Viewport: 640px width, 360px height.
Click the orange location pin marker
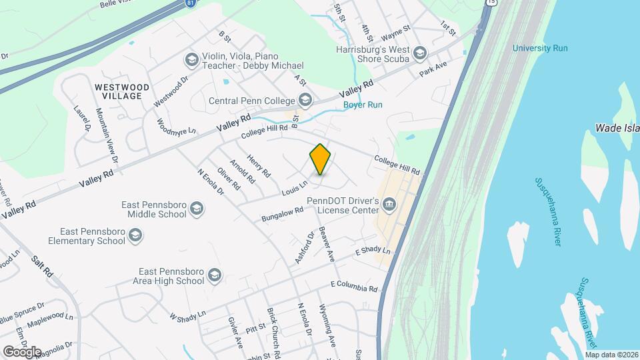(x=321, y=159)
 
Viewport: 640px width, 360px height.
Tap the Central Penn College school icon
(x=305, y=101)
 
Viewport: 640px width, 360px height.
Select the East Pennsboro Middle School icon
(x=196, y=209)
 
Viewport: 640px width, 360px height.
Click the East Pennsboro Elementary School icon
(x=136, y=235)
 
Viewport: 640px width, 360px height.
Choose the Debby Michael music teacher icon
(x=192, y=61)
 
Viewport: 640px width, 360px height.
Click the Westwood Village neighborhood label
(x=118, y=91)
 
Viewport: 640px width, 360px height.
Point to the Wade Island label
(x=617, y=128)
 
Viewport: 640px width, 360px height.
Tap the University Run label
(x=540, y=48)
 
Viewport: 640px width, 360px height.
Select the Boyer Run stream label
(x=363, y=105)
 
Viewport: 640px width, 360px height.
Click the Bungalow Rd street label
(x=283, y=214)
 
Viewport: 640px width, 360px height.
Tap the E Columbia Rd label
(x=354, y=287)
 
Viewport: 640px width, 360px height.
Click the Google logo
(x=21, y=351)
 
